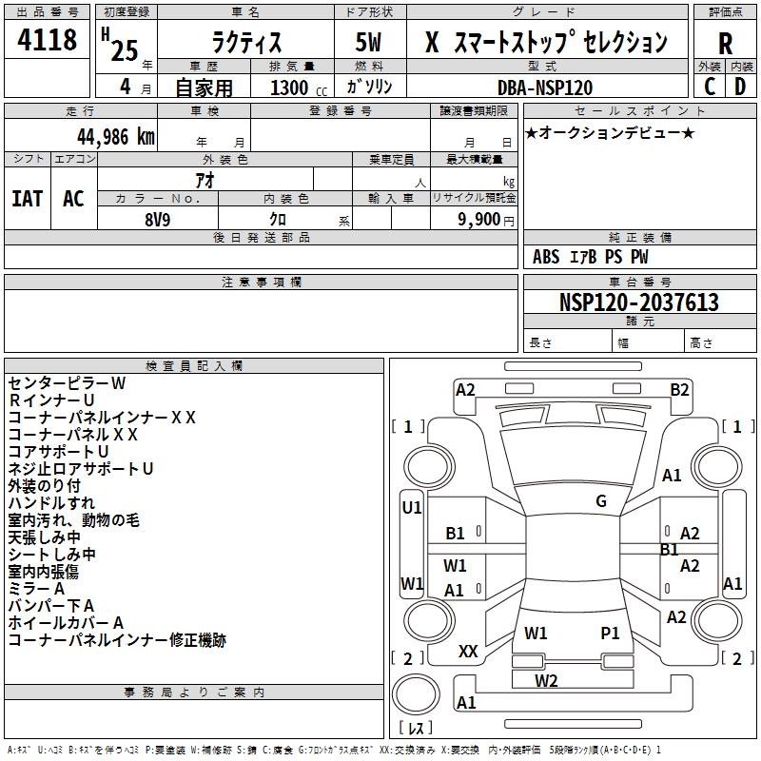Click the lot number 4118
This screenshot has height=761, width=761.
click(47, 39)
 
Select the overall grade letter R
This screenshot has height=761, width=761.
click(725, 44)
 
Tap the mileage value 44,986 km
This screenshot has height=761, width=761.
click(116, 137)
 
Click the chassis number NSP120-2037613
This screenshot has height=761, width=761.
click(638, 302)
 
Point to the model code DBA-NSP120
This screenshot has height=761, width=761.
click(545, 88)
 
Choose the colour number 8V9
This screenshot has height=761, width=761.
click(158, 220)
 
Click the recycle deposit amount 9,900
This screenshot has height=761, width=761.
click(478, 220)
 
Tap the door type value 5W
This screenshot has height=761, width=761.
click(368, 42)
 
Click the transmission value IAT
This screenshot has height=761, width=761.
click(28, 199)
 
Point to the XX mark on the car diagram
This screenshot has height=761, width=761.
click(468, 652)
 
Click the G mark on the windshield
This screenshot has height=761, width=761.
click(601, 501)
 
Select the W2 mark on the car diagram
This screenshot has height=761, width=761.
click(546, 681)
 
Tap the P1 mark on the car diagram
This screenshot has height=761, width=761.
click(610, 634)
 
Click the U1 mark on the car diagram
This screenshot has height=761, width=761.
click(412, 508)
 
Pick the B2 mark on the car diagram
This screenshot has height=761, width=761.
click(679, 390)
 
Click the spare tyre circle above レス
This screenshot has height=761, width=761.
click(416, 694)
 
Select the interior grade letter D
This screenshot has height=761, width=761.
click(740, 87)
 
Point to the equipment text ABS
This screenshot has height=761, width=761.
click(546, 257)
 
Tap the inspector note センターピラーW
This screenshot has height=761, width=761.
click(67, 383)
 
